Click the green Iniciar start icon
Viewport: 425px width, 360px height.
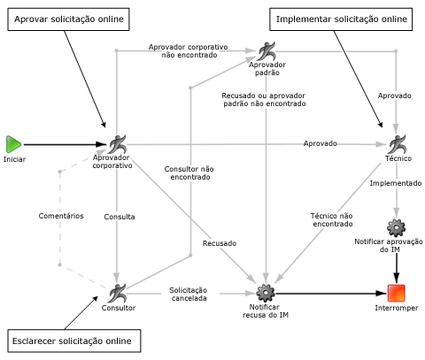(13, 143)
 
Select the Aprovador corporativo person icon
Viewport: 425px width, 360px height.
(118, 143)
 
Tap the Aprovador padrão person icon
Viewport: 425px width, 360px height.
(267, 51)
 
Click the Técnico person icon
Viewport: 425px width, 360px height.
(398, 143)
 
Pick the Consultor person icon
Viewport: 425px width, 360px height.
(118, 291)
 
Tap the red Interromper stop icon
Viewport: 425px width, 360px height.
(398, 292)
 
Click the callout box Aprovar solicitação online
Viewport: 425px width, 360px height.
(67, 19)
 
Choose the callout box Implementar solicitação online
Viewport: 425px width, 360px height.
(342, 19)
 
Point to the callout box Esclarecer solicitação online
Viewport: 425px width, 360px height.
(73, 341)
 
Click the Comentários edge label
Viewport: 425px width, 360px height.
(60, 215)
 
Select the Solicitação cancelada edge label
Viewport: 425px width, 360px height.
(189, 294)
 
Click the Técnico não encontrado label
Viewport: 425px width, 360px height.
(332, 219)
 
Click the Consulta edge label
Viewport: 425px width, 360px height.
(119, 216)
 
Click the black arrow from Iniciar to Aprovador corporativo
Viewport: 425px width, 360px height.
(62, 143)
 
